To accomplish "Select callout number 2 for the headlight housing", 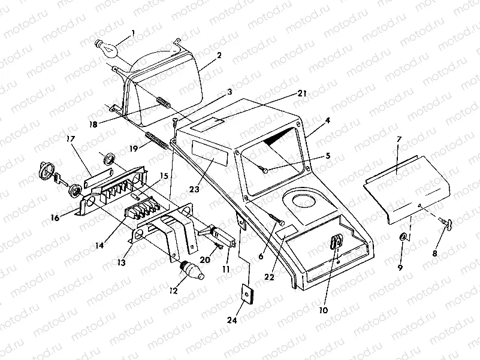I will pos(219,55).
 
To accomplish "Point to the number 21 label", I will pos(301,93).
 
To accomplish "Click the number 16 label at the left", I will pos(55,218).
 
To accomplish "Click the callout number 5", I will pos(327,156).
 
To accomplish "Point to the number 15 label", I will pos(164,177).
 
